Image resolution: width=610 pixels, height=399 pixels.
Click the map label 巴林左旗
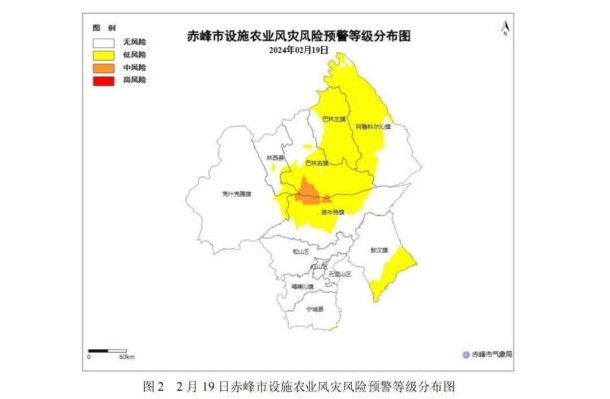click(x=332, y=118)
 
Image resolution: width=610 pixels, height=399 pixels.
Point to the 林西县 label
click(x=276, y=158)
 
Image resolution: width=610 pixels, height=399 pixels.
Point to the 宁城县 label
click(x=316, y=309)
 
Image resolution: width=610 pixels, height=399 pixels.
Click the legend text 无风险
click(x=134, y=43)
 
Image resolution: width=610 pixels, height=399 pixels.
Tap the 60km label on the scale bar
click(x=126, y=356)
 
